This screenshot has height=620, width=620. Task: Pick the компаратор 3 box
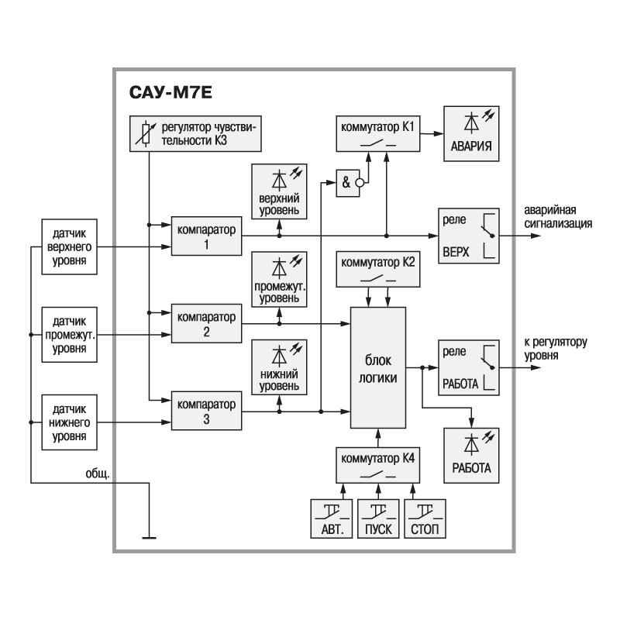click(x=206, y=412)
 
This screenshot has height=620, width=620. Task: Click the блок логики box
click(x=378, y=367)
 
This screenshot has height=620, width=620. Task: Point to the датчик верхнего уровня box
click(x=70, y=246)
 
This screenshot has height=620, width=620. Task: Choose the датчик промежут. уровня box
click(x=70, y=335)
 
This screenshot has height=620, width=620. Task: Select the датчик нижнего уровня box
click(x=70, y=422)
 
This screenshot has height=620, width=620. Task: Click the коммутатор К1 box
click(x=377, y=133)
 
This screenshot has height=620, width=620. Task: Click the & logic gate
click(x=349, y=183)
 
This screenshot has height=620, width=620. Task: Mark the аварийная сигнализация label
click(x=558, y=219)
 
